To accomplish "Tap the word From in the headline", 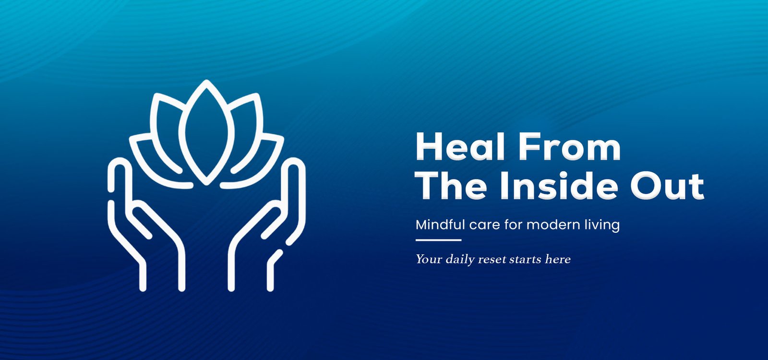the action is pos(569,146).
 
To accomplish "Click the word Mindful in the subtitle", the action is pos(440,225).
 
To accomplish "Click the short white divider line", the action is pos(439,240).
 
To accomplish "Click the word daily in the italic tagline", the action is pos(459,260).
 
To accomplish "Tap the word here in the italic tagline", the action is pos(557,259).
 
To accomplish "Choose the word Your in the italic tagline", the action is pos(429,260).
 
